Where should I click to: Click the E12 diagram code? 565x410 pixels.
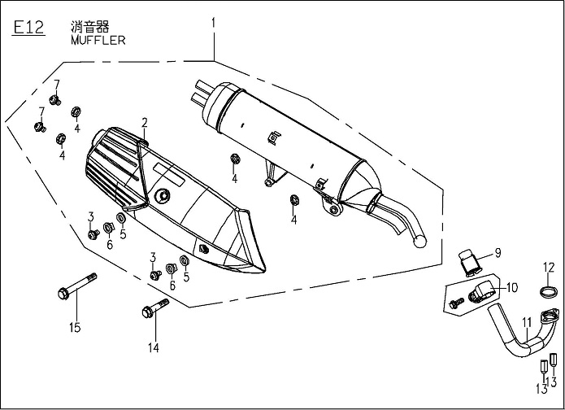click(28, 28)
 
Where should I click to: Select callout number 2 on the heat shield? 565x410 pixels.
click(144, 123)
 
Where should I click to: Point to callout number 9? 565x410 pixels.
click(498, 252)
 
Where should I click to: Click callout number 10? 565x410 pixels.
click(511, 287)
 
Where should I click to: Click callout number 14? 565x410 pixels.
click(152, 348)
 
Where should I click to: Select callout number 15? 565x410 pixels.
click(76, 328)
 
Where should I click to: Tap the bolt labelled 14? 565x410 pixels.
click(155, 309)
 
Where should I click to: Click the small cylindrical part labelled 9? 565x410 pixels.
click(468, 260)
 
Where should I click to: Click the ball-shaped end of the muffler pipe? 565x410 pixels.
click(420, 241)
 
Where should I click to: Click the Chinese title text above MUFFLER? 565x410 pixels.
click(86, 26)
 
